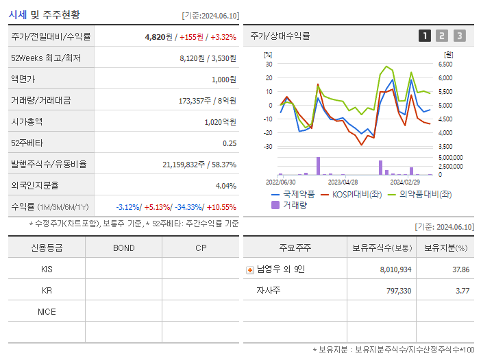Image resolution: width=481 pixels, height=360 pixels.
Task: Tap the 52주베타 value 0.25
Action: click(229, 143)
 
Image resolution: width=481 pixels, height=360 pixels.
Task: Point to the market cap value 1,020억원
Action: click(220, 122)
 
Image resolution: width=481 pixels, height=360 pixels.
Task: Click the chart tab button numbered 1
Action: click(425, 36)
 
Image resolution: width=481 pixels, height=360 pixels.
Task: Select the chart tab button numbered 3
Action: click(459, 36)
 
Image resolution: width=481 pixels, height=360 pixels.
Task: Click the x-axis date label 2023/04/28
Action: click(343, 182)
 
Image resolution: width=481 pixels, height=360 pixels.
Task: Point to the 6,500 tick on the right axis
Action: click(445, 64)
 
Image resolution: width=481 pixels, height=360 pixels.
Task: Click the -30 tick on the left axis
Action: click(269, 147)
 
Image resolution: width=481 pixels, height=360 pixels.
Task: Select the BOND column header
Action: click(123, 248)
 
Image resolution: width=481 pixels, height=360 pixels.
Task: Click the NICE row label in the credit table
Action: click(47, 312)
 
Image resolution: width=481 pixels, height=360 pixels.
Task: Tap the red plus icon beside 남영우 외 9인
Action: click(249, 269)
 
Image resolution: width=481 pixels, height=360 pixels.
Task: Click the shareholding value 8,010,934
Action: click(395, 269)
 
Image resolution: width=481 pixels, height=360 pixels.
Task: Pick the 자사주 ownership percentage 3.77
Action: click(462, 291)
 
